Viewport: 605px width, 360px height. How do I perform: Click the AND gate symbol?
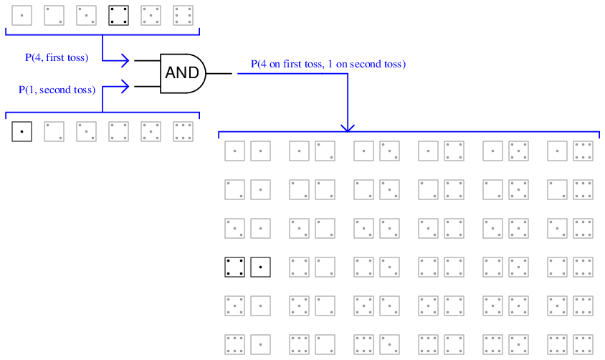point(183,72)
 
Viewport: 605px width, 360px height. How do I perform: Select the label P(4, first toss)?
point(56,57)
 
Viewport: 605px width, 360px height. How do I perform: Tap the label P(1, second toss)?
point(57,90)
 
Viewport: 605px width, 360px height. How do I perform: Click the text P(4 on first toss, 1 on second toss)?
point(328,64)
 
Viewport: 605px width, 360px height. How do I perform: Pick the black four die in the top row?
point(118,16)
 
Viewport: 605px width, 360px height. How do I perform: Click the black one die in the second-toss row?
point(22,132)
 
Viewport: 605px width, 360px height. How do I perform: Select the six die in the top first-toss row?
point(183,16)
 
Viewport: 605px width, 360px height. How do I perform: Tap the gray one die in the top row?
point(22,16)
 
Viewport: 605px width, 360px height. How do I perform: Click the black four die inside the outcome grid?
point(234,266)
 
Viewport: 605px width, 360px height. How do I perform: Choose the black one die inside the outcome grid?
point(260,266)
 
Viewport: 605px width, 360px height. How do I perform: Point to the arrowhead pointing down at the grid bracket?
point(348,127)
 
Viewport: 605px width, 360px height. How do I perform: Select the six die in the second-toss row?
point(183,132)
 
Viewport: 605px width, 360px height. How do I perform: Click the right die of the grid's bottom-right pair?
point(583,344)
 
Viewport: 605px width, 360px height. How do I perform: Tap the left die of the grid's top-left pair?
point(234,151)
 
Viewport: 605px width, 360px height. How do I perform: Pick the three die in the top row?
point(86,16)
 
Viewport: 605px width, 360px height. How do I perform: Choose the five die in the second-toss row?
point(151,132)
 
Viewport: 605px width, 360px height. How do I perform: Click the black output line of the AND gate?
point(219,73)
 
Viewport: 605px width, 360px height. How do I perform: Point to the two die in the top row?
point(54,16)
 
